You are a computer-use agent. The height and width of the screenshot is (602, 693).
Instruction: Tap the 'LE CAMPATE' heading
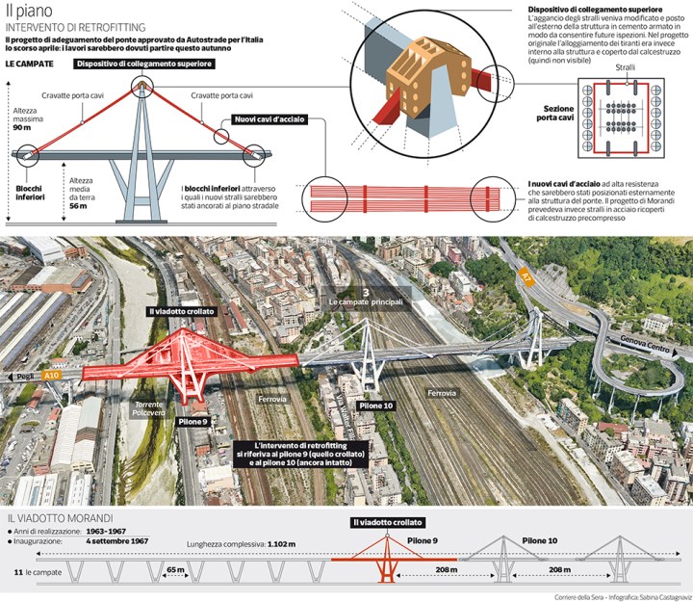27,64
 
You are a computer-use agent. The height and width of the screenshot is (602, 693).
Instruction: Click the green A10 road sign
53,375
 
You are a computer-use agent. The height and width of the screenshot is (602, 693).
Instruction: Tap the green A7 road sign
526,275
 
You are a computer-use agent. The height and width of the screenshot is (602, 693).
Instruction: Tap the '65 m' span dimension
175,569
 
